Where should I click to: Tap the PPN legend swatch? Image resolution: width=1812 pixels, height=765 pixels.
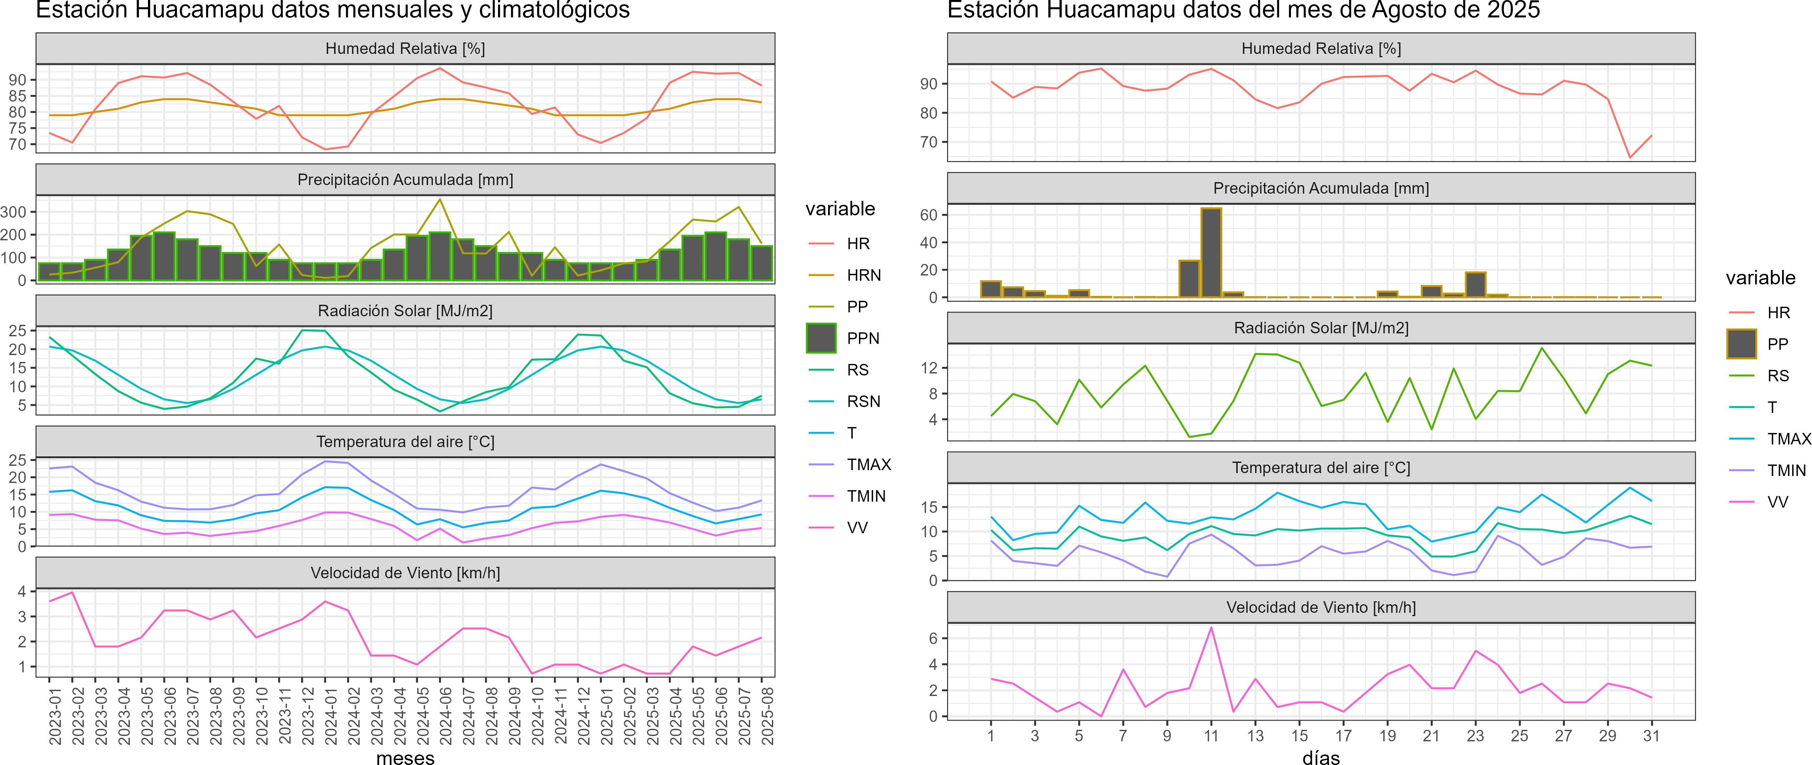coord(821,338)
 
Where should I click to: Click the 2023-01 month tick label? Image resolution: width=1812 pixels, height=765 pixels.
coord(55,716)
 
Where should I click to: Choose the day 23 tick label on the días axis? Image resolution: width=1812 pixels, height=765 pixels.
coord(1475,735)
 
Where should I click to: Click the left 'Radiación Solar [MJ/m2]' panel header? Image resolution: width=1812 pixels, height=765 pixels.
coord(405,311)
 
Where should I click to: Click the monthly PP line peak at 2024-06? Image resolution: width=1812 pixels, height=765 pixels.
coord(440,200)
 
